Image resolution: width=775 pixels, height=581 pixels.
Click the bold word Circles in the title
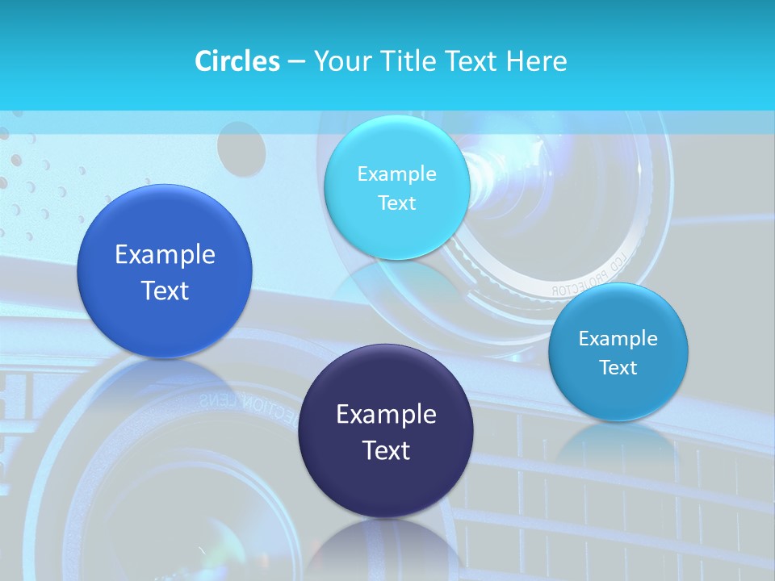(x=237, y=61)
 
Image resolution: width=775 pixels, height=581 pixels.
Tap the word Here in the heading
(x=537, y=61)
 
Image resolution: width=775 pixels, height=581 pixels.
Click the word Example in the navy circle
(x=386, y=415)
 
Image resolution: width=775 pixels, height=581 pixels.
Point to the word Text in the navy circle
(x=386, y=450)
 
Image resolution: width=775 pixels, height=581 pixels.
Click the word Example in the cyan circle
(x=396, y=174)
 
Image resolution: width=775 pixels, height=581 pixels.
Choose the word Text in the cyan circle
(x=396, y=203)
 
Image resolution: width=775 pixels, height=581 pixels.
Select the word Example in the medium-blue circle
(x=165, y=255)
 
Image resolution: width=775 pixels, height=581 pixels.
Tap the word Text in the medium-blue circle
(x=165, y=290)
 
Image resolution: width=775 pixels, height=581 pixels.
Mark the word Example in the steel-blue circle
(x=618, y=339)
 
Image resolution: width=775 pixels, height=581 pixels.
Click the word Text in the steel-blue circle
(x=618, y=368)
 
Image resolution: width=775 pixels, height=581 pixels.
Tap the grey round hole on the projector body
(x=241, y=151)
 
